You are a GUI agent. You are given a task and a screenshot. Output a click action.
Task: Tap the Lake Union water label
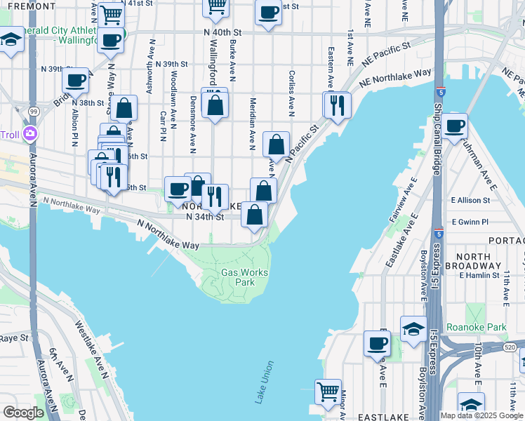(265, 382)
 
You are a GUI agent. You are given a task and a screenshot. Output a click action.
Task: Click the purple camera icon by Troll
(30, 134)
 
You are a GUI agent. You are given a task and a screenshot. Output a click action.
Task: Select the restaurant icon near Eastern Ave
(337, 105)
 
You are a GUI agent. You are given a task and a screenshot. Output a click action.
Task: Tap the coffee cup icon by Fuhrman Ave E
(455, 126)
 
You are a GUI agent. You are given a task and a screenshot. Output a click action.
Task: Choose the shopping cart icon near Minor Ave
(327, 391)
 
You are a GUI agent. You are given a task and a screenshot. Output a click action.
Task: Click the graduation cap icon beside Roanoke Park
(413, 328)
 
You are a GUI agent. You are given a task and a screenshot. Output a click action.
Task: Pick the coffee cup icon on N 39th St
(76, 80)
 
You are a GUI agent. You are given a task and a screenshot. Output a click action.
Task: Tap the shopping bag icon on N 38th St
(124, 107)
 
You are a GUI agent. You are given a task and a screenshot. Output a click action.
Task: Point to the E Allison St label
(475, 200)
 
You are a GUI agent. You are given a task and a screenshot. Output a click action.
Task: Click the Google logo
(23, 413)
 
